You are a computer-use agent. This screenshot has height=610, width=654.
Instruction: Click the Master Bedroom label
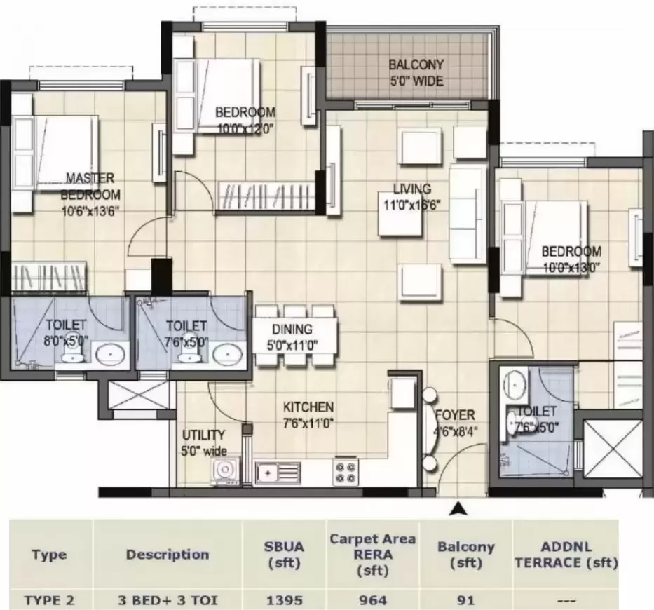(90, 187)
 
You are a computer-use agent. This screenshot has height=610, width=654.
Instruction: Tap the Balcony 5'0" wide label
(416, 73)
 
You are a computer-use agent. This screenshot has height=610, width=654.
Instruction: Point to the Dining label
(293, 330)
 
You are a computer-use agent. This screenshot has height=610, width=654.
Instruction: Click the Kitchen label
(308, 407)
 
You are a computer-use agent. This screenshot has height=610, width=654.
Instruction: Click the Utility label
(203, 435)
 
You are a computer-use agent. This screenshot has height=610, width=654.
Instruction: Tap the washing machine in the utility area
(225, 471)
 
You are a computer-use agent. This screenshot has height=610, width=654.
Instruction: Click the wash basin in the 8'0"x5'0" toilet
(109, 354)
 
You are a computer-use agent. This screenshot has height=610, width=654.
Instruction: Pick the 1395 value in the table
(284, 600)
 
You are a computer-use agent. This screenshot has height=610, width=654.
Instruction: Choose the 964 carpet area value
(372, 600)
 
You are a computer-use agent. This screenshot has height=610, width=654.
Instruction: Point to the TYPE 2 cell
(48, 600)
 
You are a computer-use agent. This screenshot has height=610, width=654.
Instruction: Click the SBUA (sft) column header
(284, 554)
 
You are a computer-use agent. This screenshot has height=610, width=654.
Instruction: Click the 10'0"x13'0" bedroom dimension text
(571, 266)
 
